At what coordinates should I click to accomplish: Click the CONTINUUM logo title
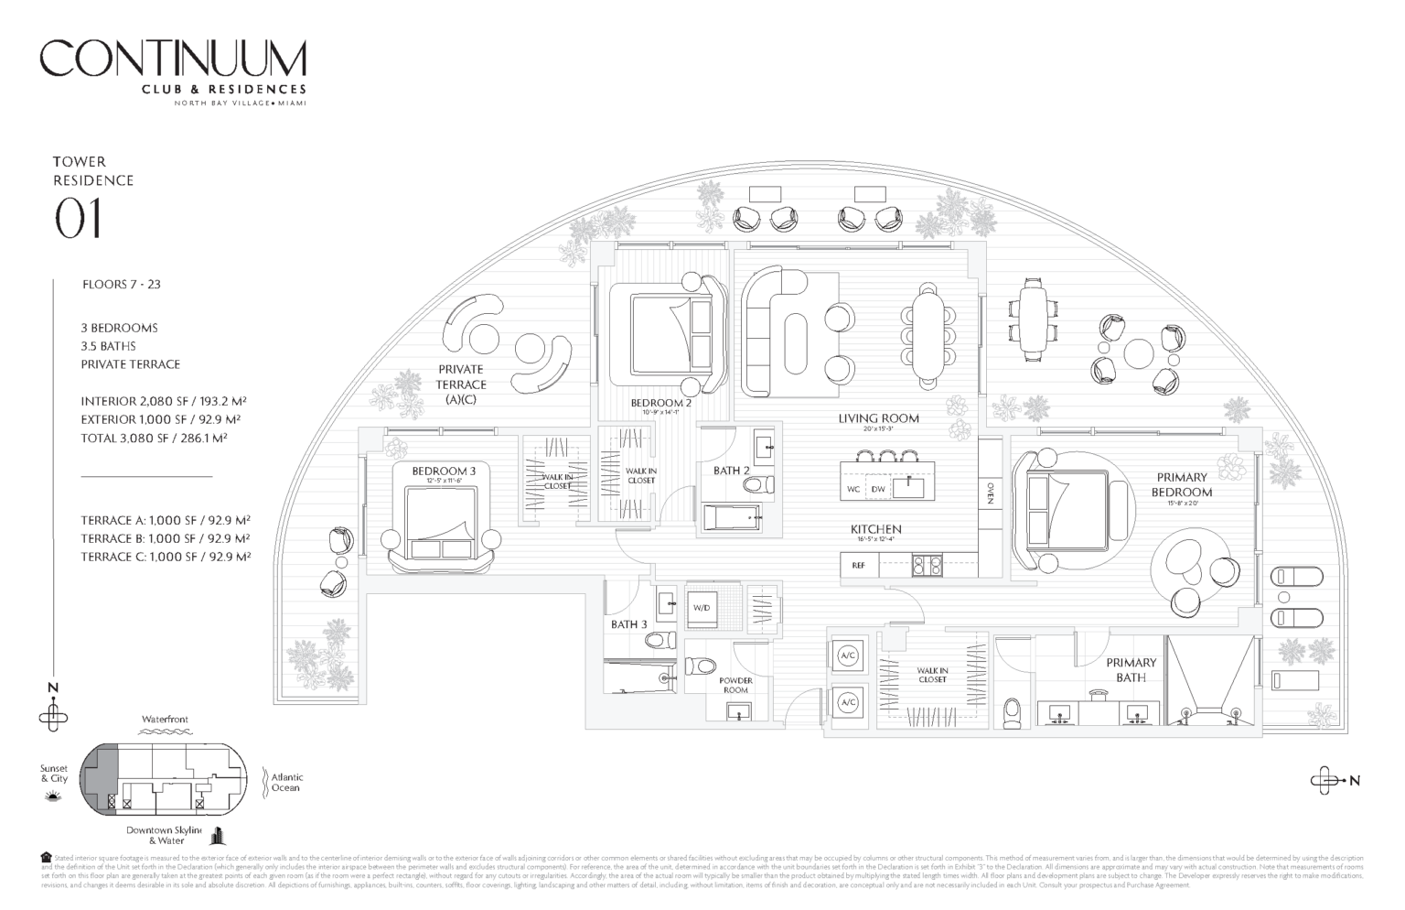pos(173,59)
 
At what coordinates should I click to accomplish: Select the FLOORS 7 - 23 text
pos(121,285)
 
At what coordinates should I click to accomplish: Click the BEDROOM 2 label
pos(660,403)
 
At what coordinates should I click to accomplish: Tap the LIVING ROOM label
pos(878,418)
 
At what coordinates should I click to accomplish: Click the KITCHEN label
pos(875,529)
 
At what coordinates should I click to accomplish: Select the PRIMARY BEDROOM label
pos(1182,484)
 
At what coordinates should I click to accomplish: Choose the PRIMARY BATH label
pos(1131,669)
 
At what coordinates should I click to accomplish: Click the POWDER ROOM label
pos(735,685)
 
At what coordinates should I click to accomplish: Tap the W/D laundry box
pos(702,608)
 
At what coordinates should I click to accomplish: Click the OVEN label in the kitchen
pos(991,493)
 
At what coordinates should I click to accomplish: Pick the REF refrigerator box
pos(858,566)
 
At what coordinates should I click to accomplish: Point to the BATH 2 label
pos(731,471)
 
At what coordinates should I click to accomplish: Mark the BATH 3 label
pos(629,624)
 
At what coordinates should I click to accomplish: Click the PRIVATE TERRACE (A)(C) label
pos(460,385)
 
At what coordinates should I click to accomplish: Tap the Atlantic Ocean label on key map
pos(286,782)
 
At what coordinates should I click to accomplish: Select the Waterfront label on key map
pos(165,720)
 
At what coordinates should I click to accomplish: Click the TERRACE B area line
pos(166,538)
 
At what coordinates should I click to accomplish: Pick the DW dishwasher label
pos(878,490)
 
